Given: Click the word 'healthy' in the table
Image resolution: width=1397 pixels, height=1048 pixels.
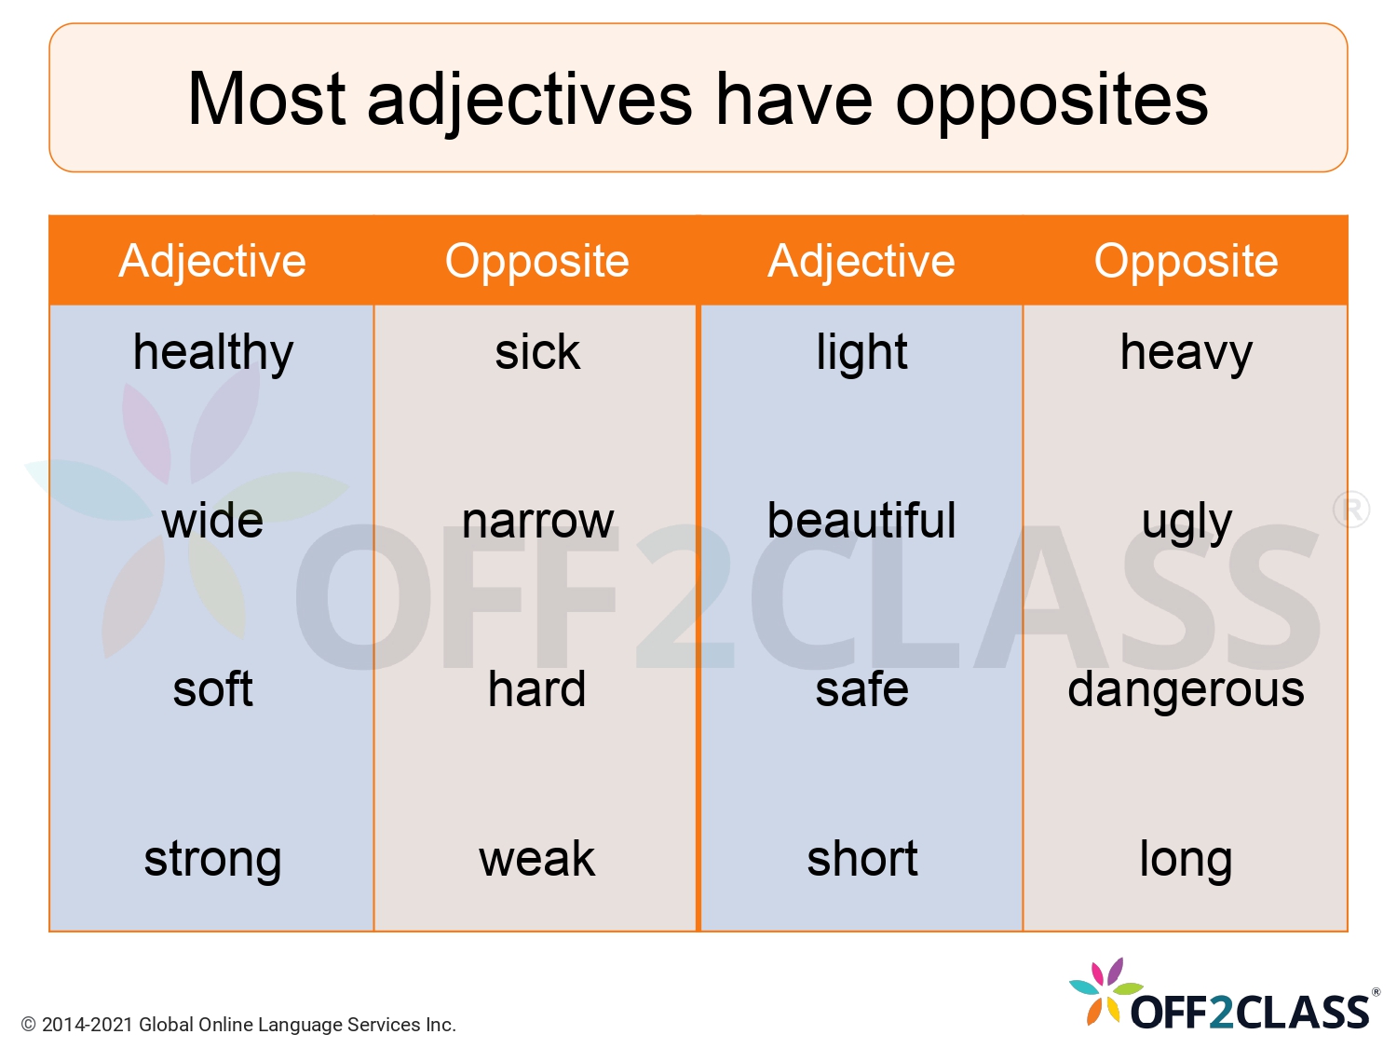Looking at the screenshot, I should pyautogui.click(x=212, y=353).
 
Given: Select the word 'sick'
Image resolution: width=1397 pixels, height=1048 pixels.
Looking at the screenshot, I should pyautogui.click(x=536, y=353).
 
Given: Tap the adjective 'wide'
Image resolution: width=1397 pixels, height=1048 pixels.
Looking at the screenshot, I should pyautogui.click(x=212, y=521).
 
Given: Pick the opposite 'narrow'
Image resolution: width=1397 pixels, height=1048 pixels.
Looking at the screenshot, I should pyautogui.click(x=537, y=521).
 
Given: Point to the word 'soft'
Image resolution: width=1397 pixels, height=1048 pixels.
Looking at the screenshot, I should pyautogui.click(x=212, y=689).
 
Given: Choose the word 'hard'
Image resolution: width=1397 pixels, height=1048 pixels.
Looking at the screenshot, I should pyautogui.click(x=536, y=689).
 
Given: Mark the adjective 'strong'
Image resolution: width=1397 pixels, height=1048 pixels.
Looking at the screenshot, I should pyautogui.click(x=212, y=859).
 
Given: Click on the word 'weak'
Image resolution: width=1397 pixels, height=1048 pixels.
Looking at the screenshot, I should pyautogui.click(x=536, y=859).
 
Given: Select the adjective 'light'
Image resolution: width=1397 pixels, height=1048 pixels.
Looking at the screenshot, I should pyautogui.click(x=861, y=353).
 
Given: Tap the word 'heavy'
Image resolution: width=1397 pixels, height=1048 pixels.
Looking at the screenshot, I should pyautogui.click(x=1186, y=353).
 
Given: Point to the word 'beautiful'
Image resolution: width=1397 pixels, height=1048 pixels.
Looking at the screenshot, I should pyautogui.click(x=861, y=521).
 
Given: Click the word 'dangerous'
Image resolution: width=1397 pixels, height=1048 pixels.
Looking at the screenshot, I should pyautogui.click(x=1186, y=690).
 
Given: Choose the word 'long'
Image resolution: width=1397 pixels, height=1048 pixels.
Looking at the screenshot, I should pyautogui.click(x=1186, y=859).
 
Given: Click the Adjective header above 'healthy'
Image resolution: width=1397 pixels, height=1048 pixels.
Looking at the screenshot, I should pyautogui.click(x=212, y=261).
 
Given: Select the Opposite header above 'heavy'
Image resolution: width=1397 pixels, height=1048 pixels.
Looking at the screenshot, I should pyautogui.click(x=1186, y=261).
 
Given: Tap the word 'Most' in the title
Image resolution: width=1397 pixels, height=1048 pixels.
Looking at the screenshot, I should pyautogui.click(x=267, y=99).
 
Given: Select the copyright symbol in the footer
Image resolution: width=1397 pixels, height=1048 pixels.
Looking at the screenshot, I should pyautogui.click(x=29, y=1025).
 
